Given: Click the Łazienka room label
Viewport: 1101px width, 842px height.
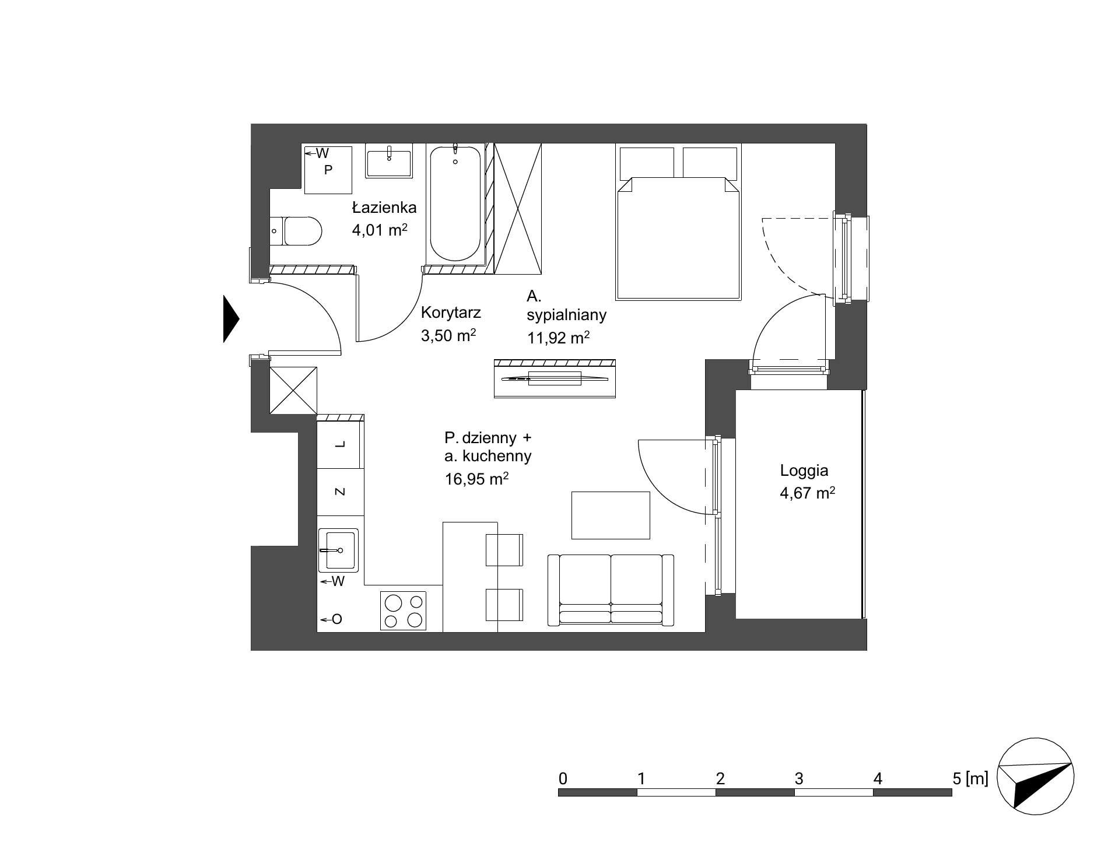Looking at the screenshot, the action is pyautogui.click(x=384, y=208).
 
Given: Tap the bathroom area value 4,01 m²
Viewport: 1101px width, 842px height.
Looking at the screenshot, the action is pyautogui.click(x=379, y=230).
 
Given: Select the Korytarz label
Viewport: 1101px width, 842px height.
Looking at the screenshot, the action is pyautogui.click(x=451, y=313).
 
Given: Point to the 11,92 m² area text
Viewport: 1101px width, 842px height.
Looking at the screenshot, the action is pyautogui.click(x=558, y=337).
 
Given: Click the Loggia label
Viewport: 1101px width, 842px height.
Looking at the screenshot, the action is pyautogui.click(x=804, y=471).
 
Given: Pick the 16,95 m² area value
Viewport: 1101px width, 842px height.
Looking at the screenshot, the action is pyautogui.click(x=476, y=479).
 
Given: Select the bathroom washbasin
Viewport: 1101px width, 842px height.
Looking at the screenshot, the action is pyautogui.click(x=389, y=160).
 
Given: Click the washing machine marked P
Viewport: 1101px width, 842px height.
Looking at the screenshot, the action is pyautogui.click(x=329, y=170).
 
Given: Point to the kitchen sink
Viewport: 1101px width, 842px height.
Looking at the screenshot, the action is pyautogui.click(x=338, y=550).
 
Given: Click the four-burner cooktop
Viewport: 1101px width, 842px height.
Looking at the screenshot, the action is pyautogui.click(x=403, y=611).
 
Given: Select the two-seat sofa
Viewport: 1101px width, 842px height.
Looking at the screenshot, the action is pyautogui.click(x=611, y=590).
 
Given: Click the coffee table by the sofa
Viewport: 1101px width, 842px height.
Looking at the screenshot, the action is pyautogui.click(x=611, y=515).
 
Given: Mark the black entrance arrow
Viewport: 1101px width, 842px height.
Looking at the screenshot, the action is pyautogui.click(x=231, y=318).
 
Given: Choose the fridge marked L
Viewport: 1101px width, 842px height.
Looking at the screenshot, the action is pyautogui.click(x=341, y=444).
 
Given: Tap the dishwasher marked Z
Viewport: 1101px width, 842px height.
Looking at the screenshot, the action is pyautogui.click(x=341, y=492).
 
